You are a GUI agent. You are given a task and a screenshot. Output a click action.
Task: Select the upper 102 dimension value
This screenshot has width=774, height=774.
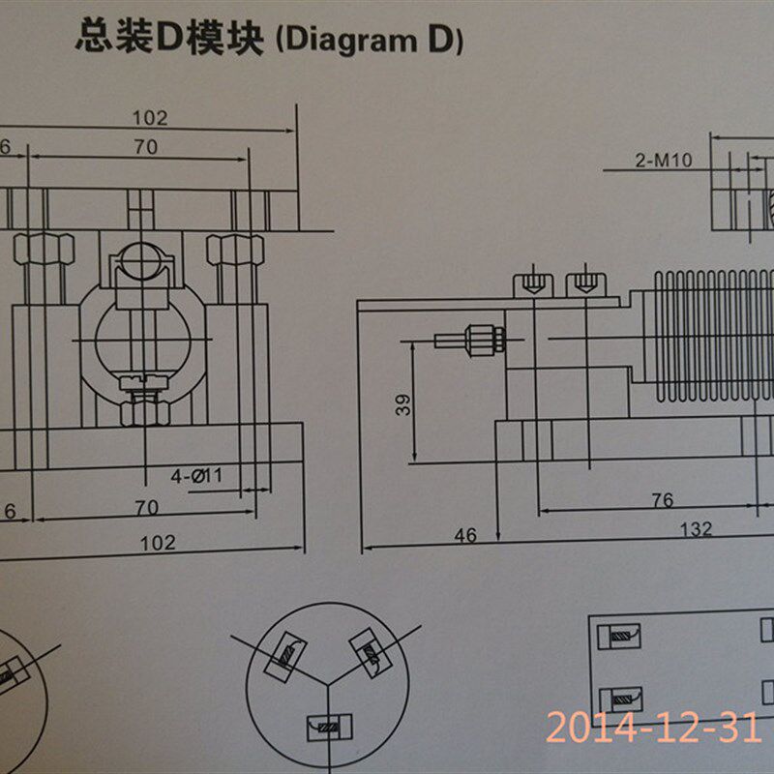pos(150,118)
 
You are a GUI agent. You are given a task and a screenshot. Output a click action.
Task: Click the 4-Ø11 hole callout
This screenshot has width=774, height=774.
pos(197,476)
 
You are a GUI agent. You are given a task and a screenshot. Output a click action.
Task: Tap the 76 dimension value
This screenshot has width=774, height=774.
pos(662,500)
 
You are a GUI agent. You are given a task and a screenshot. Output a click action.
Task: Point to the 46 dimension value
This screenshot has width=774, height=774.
pos(466,534)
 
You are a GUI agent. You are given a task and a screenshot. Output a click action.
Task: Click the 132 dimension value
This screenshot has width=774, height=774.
pos(695,529)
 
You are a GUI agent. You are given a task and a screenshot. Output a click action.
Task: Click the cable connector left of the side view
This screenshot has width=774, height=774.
pos(469,340)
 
